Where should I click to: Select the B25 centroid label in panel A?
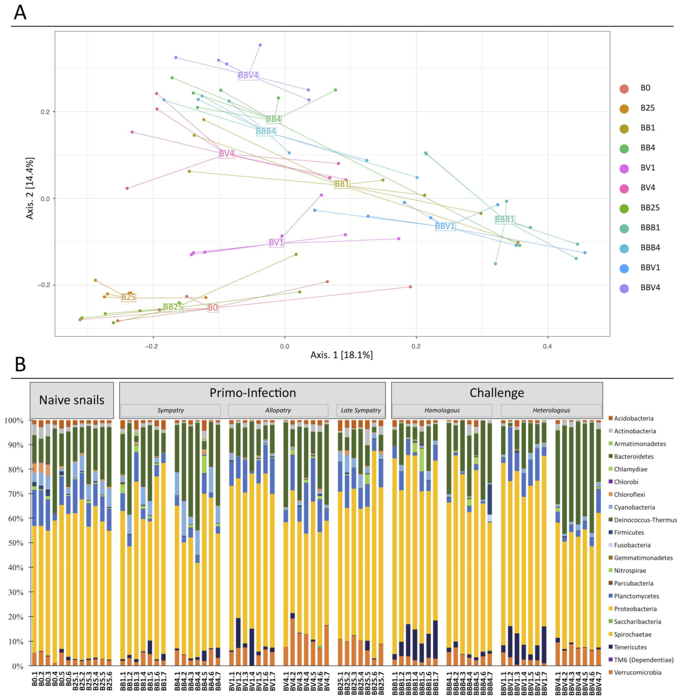[x=128, y=297]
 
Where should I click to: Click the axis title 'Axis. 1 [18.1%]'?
[x=341, y=355]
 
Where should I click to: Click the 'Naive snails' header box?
[x=72, y=400]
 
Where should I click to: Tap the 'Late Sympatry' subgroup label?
[x=361, y=410]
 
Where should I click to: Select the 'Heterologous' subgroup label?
[x=551, y=410]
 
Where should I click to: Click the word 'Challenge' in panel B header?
[x=497, y=393]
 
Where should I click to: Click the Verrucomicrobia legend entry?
[x=638, y=672]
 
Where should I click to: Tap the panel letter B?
[x=20, y=365]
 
